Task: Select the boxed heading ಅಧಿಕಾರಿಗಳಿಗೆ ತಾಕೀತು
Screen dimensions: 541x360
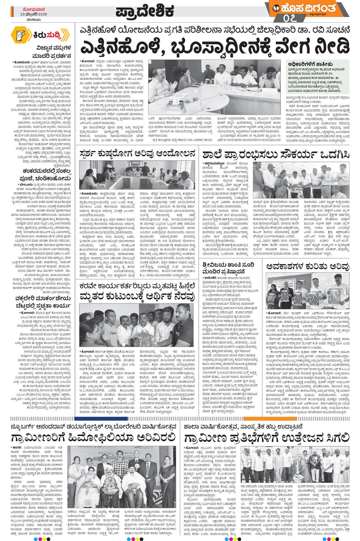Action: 310,64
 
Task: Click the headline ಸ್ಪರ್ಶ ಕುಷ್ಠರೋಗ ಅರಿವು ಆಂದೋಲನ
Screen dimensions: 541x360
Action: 138,154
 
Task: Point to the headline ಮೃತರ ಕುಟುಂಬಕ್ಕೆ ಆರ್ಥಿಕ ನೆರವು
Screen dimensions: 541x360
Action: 138,295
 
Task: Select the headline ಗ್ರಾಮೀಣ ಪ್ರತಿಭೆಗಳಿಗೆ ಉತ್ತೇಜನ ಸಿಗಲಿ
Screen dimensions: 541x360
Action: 266,437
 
